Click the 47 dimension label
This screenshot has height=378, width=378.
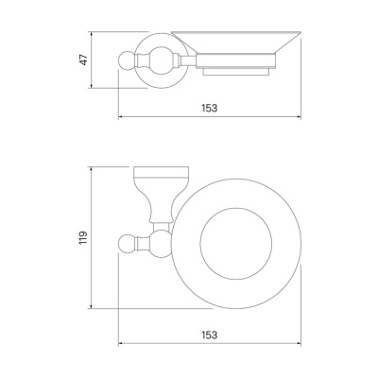(x=83, y=60)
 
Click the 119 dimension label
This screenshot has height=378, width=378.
(x=83, y=238)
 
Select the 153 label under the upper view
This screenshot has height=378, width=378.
(x=210, y=108)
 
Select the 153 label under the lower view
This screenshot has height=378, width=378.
(x=210, y=335)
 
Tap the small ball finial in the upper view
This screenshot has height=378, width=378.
(x=126, y=60)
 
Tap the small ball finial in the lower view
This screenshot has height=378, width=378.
(x=126, y=243)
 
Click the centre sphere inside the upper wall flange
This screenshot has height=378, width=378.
(x=161, y=60)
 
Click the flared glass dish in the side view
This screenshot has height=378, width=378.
(x=236, y=42)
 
